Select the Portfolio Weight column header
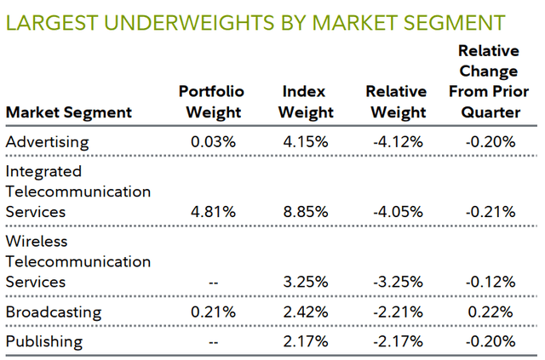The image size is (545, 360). pos(211,101)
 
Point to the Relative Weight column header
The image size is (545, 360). pos(395,101)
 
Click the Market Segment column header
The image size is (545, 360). pos(68,111)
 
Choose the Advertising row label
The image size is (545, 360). pos(47,141)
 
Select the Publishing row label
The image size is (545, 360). pos(43,341)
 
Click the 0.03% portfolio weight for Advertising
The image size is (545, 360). pos(212,141)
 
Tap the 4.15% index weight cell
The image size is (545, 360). pos(306,141)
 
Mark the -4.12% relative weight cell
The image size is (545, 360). pos(396,141)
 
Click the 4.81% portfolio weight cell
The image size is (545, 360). pos(212,211)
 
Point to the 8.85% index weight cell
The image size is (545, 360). pos(306,211)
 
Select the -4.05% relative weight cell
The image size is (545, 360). pos(396,211)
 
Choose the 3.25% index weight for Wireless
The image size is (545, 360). pos(306,281)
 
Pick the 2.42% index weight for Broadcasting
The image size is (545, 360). pos(306,311)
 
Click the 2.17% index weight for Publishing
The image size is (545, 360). pos(306,341)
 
